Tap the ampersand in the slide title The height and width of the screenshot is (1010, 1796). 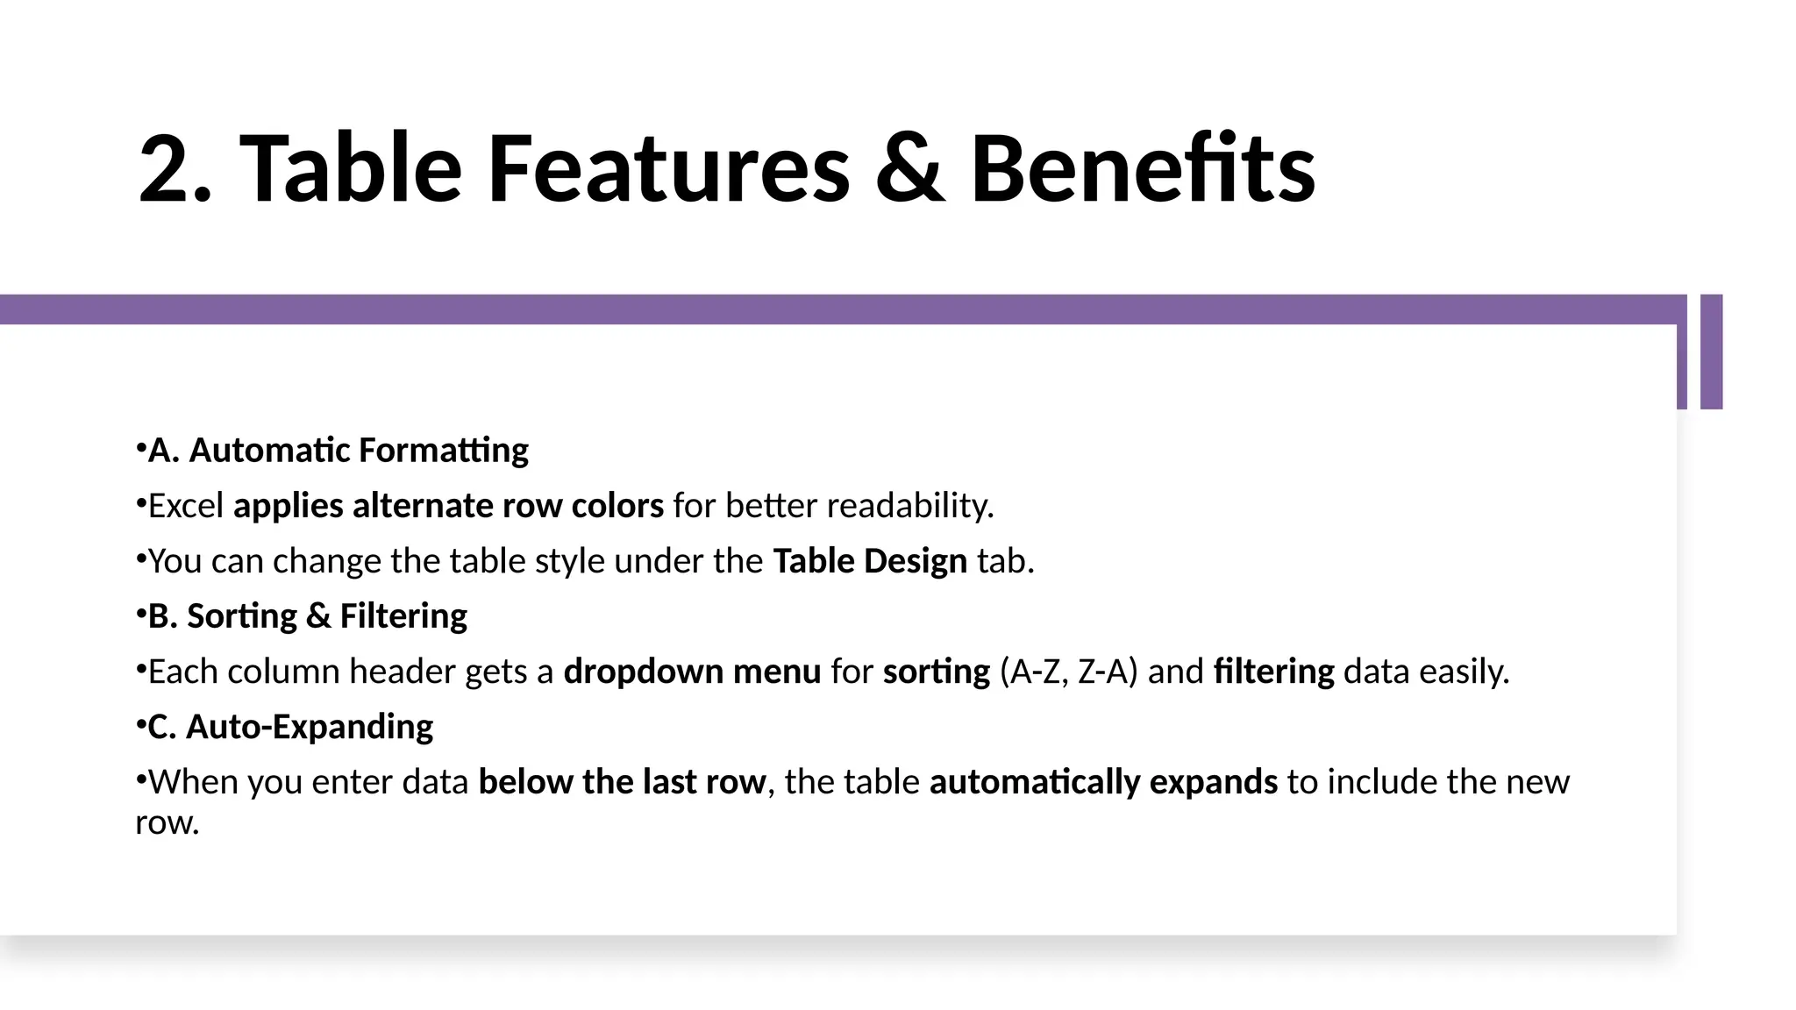coord(910,168)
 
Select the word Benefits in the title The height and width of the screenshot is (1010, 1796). coord(1142,168)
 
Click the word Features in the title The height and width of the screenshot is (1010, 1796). coord(668,168)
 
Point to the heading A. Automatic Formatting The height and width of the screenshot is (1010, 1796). coord(338,451)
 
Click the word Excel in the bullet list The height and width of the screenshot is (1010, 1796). coord(186,506)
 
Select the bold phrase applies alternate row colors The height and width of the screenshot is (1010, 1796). coord(448,506)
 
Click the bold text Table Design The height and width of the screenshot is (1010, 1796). coord(869,561)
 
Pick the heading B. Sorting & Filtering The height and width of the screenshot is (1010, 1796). coord(307,616)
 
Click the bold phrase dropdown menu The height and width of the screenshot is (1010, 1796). coord(692,672)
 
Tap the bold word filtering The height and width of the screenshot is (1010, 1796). coord(1273,672)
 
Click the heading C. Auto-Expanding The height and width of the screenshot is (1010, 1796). coord(290,727)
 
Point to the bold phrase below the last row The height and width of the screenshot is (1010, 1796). coord(622,782)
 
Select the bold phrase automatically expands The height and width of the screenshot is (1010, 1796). coord(1103,782)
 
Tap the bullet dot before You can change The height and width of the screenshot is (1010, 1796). coord(140,558)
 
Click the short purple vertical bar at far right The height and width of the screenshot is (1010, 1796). coord(1711,352)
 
